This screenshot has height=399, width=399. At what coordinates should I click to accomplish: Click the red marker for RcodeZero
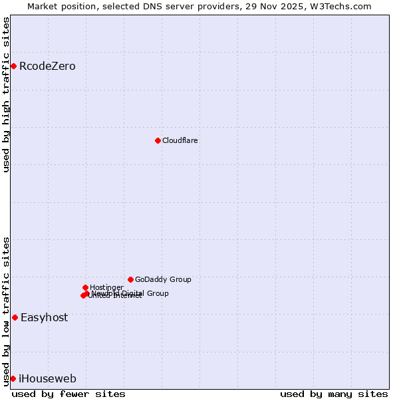(x=13, y=66)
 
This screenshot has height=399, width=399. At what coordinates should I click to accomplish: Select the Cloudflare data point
(x=158, y=140)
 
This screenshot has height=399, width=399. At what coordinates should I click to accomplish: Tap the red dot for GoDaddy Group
(x=130, y=279)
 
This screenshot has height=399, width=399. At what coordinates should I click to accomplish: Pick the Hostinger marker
(x=85, y=287)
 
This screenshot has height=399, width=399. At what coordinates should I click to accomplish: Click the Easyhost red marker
(x=15, y=317)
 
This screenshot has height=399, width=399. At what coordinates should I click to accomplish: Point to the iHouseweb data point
(x=13, y=378)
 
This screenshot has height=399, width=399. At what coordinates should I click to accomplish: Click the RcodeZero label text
(x=47, y=66)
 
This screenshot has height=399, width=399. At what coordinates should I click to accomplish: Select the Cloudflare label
(x=180, y=140)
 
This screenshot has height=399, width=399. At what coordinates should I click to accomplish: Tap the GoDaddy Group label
(x=163, y=279)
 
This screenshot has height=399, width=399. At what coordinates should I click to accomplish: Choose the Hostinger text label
(x=106, y=287)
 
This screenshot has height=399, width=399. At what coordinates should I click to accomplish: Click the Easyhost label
(x=44, y=317)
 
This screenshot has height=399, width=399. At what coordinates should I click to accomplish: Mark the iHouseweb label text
(x=47, y=378)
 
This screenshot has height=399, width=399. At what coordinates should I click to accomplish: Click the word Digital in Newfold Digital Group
(x=133, y=293)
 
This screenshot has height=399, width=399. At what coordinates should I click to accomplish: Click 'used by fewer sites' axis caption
(x=68, y=394)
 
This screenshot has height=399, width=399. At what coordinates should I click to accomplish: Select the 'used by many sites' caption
(x=334, y=394)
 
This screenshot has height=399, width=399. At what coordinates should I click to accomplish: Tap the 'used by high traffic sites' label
(x=6, y=94)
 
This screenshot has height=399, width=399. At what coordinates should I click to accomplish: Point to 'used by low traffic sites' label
(x=6, y=311)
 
